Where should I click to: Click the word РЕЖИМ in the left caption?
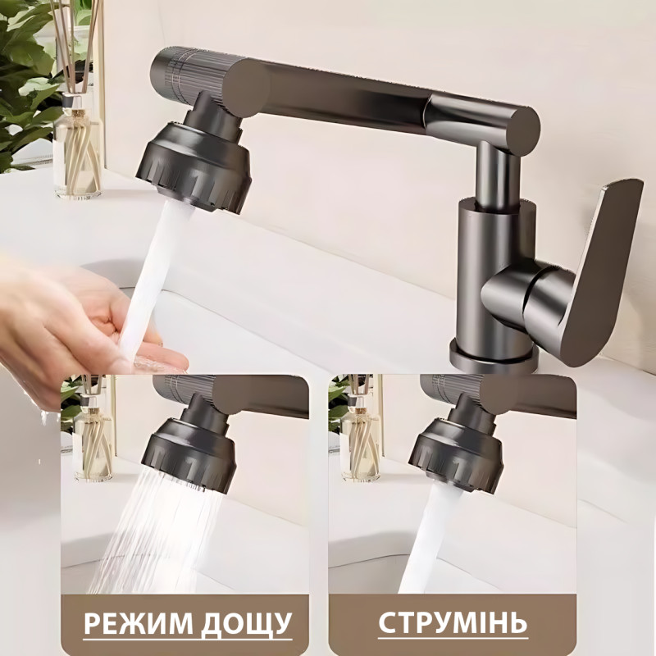[x=136, y=624]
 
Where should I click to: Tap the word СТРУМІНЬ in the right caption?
[x=453, y=623]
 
